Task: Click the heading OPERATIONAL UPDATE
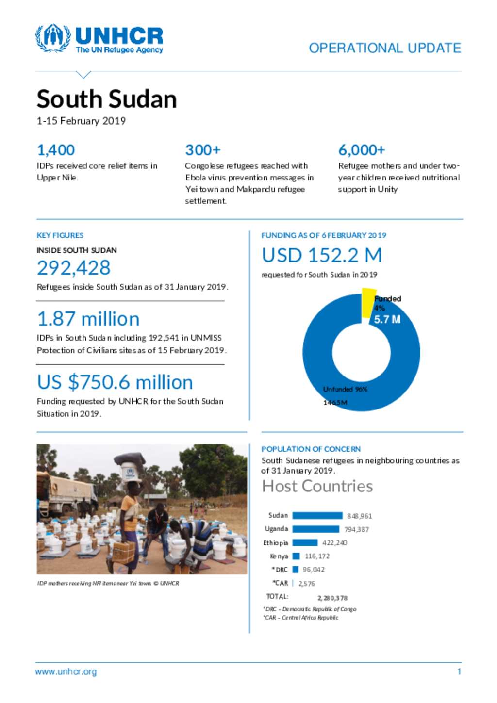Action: pyautogui.click(x=385, y=48)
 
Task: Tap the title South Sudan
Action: pyautogui.click(x=107, y=99)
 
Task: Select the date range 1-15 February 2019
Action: pyautogui.click(x=81, y=121)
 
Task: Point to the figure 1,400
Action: pyautogui.click(x=56, y=150)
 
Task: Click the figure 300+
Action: pyautogui.click(x=203, y=150)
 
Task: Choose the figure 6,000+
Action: pyautogui.click(x=362, y=150)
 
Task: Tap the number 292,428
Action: pyautogui.click(x=74, y=268)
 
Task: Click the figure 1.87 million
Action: pyautogui.click(x=88, y=319)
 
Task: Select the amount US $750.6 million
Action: pyautogui.click(x=115, y=382)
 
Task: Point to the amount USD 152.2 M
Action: pyautogui.click(x=322, y=255)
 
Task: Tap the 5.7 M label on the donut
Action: pyautogui.click(x=387, y=319)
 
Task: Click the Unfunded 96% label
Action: pyautogui.click(x=345, y=389)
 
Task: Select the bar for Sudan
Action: pyautogui.click(x=317, y=515)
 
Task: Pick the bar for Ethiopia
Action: pyautogui.click(x=305, y=542)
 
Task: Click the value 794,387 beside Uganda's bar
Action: pyautogui.click(x=357, y=529)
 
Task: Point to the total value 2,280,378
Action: pyautogui.click(x=332, y=598)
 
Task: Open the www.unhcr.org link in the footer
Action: pyautogui.click(x=66, y=672)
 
